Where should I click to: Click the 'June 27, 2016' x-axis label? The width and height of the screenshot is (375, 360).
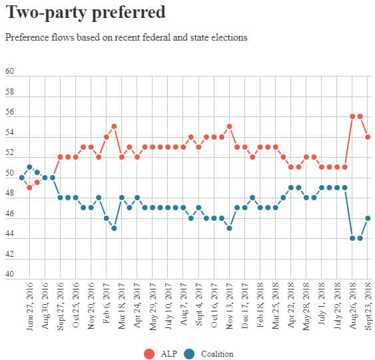[30, 310]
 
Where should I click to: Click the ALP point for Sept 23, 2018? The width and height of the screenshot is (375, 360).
[368, 137]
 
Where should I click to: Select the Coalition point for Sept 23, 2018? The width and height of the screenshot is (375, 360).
[368, 218]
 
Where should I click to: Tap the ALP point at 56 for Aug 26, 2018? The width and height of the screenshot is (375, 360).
[352, 116]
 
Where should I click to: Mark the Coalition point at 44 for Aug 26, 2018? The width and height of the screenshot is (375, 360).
[352, 238]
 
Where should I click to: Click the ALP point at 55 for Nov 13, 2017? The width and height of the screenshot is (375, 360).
[229, 126]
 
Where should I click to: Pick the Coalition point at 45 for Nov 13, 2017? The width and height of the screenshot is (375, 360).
[229, 228]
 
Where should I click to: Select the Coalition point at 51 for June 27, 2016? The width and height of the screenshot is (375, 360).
[29, 167]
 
